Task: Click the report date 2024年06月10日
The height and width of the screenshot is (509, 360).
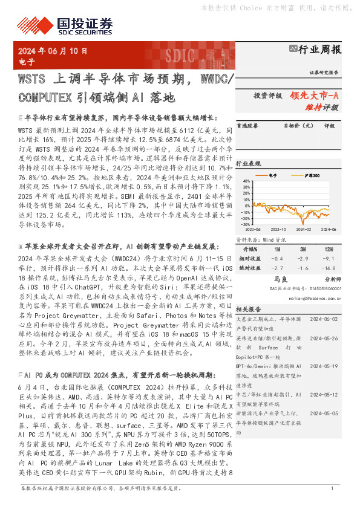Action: click(53, 51)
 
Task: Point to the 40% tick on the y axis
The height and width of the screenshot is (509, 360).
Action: click(246, 181)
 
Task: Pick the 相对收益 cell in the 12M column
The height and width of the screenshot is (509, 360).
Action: click(327, 258)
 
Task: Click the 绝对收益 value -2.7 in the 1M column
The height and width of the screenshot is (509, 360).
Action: click(277, 267)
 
